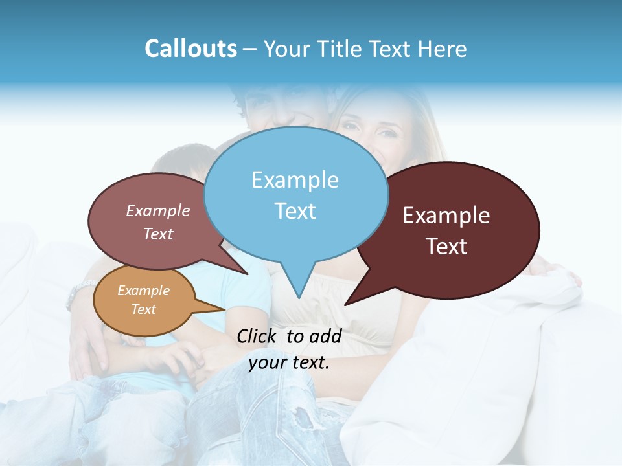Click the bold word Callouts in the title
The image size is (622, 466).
point(190,49)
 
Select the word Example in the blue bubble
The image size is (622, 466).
point(295,180)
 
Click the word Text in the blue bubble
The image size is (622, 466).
point(295,211)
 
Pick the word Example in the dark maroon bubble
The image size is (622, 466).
point(446,216)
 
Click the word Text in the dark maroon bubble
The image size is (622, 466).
point(446,247)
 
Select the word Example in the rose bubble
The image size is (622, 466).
point(158,210)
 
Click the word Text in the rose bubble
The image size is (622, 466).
point(158,234)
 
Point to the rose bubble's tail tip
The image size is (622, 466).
point(247,274)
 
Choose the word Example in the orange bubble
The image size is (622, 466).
point(143,291)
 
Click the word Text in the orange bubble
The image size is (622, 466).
point(143,309)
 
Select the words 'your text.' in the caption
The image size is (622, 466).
point(289,363)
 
